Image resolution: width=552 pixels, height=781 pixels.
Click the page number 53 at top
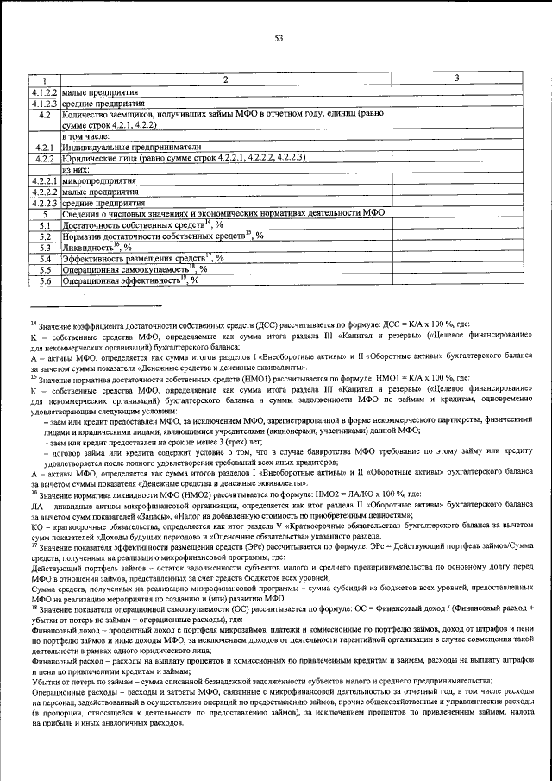[x=279, y=38]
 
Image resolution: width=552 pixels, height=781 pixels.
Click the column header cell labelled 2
[x=225, y=79]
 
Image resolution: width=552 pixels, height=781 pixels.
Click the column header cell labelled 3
[x=455, y=79]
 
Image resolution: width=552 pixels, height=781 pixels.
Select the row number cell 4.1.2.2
[x=45, y=91]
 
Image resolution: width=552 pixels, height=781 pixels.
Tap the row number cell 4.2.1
[x=45, y=147]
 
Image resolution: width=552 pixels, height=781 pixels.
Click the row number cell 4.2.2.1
[x=45, y=180]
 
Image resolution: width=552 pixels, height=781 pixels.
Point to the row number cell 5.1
[x=45, y=225]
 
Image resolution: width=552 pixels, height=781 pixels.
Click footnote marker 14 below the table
[x=33, y=321]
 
